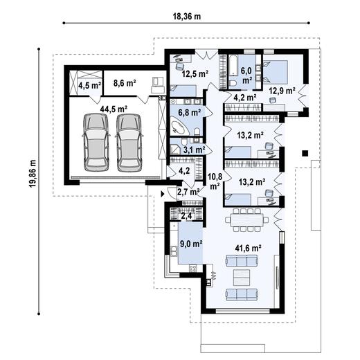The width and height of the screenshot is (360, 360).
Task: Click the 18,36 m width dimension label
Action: [x=187, y=17]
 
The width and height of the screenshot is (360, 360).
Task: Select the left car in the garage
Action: [x=96, y=143]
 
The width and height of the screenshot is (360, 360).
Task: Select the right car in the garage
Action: [x=129, y=143]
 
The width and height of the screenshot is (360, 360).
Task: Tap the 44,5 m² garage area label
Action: [x=114, y=109]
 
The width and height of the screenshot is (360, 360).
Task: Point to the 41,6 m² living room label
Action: [x=248, y=249]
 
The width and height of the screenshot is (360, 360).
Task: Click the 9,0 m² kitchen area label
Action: [x=191, y=244]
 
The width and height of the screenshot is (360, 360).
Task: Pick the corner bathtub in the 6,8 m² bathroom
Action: [x=179, y=126]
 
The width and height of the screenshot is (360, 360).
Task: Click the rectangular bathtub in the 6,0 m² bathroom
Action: [x=233, y=66]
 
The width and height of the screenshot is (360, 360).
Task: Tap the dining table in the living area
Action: [x=247, y=219]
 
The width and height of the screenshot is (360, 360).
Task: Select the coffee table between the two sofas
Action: [x=242, y=277]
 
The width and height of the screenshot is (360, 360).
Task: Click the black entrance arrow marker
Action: [x=163, y=194]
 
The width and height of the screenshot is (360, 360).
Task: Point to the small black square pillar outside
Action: [x=305, y=153]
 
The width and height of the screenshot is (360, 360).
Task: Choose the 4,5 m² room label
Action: [x=89, y=86]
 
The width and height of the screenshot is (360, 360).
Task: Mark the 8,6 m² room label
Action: [x=125, y=83]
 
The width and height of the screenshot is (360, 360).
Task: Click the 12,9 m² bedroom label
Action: [x=282, y=91]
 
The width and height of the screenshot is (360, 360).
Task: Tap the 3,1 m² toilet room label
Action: [x=194, y=150]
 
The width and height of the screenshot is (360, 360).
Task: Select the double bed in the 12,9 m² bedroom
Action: [x=276, y=72]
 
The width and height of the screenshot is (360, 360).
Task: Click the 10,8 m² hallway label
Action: [x=215, y=181]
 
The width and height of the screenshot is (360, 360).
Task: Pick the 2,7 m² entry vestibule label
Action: [x=188, y=192]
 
